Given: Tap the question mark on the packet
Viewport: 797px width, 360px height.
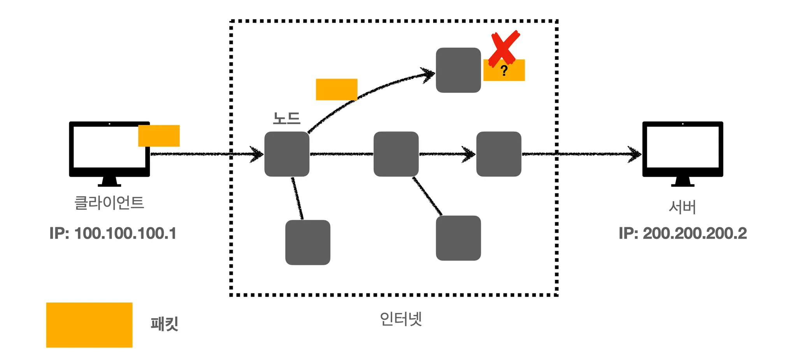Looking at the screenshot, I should click(x=504, y=70).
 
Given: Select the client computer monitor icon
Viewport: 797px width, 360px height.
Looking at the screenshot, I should click(x=109, y=149).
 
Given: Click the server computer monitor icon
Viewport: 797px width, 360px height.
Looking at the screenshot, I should click(x=683, y=149).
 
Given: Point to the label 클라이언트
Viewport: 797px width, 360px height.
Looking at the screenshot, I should click(x=109, y=203).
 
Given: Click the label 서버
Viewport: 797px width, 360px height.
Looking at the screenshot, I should click(x=682, y=207).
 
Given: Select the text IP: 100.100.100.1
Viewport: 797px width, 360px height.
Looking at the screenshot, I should click(x=113, y=234).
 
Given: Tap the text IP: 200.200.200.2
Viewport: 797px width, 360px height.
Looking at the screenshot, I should click(x=683, y=234).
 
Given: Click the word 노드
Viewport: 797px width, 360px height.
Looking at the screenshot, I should click(x=286, y=118).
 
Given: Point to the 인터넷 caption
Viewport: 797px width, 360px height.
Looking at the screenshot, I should click(x=401, y=319).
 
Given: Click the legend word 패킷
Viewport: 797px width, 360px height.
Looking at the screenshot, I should click(x=165, y=324).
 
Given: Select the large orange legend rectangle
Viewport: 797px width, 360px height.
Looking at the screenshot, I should click(x=89, y=325).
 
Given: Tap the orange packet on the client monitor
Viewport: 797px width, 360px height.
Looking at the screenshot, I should click(x=159, y=136).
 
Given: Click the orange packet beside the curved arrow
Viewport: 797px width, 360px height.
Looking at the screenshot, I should click(x=337, y=90).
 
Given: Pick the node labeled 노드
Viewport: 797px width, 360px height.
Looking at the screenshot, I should click(x=287, y=154).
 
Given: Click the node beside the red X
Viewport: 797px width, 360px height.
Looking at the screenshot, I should click(x=458, y=70).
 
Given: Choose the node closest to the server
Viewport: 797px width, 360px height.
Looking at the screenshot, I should click(x=499, y=154).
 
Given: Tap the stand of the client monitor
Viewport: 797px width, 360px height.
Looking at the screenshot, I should click(x=109, y=182).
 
